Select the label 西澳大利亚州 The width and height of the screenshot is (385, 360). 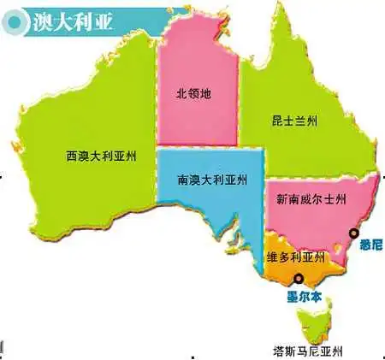[100, 156]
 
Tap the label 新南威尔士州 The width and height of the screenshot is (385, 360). [311, 198]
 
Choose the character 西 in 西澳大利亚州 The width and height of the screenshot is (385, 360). [71, 156]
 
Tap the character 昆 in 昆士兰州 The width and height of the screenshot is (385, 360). [266, 123]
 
